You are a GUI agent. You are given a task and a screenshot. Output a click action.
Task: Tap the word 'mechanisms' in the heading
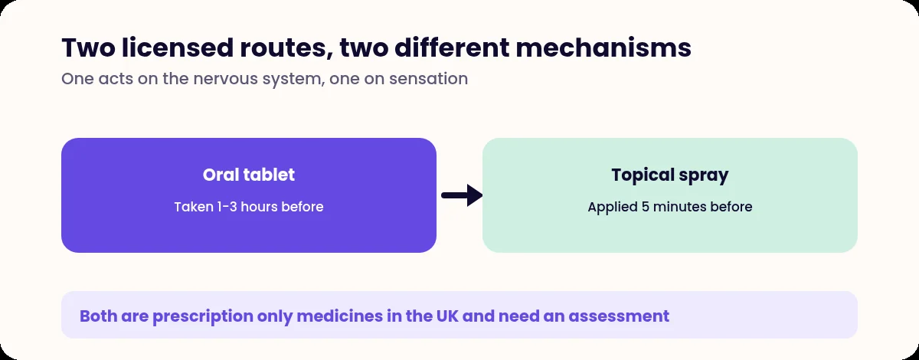pyautogui.click(x=603, y=47)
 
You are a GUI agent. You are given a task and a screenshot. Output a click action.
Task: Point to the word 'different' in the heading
pyautogui.click(x=452, y=47)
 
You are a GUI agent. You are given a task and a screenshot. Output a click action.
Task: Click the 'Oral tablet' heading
pyautogui.click(x=249, y=175)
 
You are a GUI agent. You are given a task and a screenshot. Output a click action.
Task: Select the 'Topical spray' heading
pyautogui.click(x=670, y=175)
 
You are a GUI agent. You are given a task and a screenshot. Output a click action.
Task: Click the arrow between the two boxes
pyautogui.click(x=462, y=195)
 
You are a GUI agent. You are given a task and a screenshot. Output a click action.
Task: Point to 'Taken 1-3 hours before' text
pyautogui.click(x=249, y=207)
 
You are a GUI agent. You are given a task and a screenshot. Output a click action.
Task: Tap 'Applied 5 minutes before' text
pyautogui.click(x=670, y=208)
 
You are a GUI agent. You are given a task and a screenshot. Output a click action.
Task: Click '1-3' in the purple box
pyautogui.click(x=227, y=207)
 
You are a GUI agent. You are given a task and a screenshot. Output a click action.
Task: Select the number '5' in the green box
pyautogui.click(x=646, y=207)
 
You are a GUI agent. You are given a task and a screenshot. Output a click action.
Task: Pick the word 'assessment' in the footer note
pyautogui.click(x=619, y=316)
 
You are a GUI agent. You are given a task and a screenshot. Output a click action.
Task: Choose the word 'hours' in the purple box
pyautogui.click(x=259, y=207)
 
